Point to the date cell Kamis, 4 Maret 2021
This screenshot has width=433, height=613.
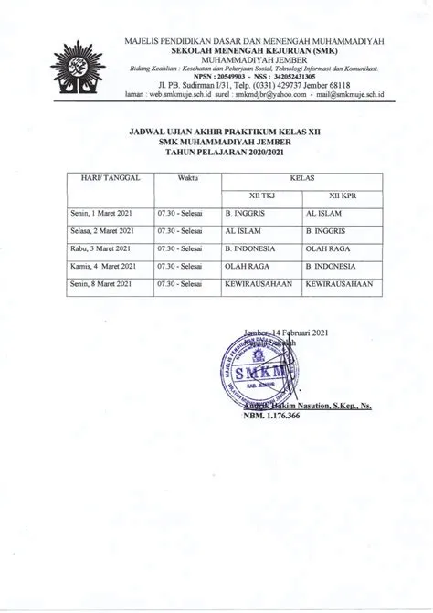point(102,266)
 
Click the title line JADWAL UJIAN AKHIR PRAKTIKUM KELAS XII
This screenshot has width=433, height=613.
point(223,132)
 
